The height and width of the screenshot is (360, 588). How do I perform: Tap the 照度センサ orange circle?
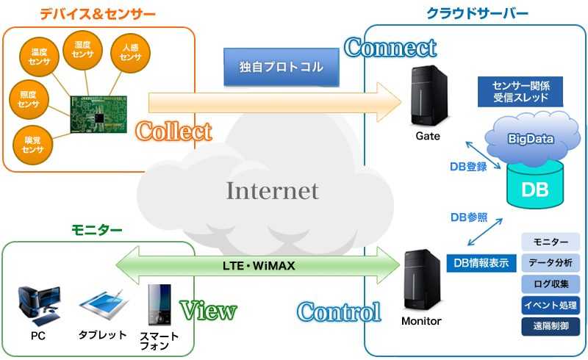(x=29, y=99)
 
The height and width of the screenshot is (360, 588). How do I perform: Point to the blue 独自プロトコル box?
(x=282, y=68)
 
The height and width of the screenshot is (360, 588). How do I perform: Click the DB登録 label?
(x=468, y=167)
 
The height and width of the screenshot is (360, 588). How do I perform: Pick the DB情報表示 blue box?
(x=480, y=263)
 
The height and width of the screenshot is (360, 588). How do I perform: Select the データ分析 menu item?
(x=551, y=262)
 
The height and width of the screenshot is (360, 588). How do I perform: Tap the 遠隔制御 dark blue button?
(x=551, y=325)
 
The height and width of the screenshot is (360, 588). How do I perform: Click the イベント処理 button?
(x=551, y=304)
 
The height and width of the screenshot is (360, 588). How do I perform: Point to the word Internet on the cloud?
(x=272, y=191)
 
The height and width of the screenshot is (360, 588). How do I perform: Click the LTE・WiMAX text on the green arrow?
(x=258, y=265)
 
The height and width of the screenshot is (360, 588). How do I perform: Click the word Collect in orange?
(x=174, y=132)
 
